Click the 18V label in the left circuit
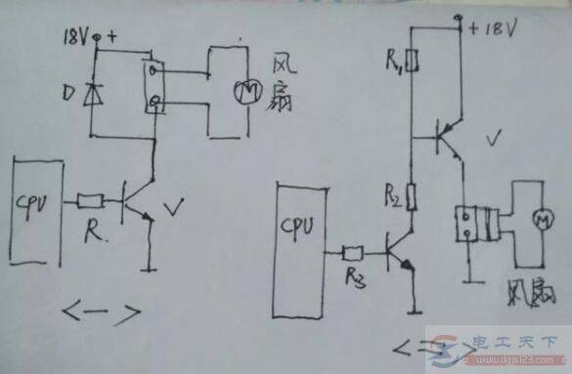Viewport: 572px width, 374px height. pos(76,38)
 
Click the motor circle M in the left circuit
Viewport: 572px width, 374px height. pos(241,91)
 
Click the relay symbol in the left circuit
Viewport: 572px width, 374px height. pos(154,87)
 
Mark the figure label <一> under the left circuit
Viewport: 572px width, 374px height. pos(102,314)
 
